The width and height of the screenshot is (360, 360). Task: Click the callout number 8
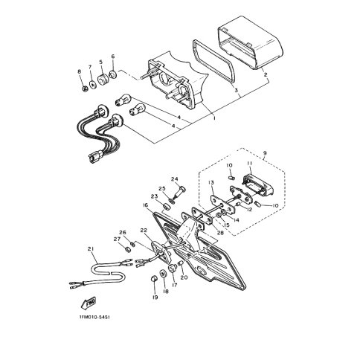click(x=80, y=71)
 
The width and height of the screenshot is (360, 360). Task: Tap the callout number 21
click(x=91, y=249)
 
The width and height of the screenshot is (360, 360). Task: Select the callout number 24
click(x=175, y=179)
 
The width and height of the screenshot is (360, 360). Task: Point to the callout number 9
click(x=265, y=153)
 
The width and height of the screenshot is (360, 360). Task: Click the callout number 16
click(x=145, y=205)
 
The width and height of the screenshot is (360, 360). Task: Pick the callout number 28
click(x=220, y=233)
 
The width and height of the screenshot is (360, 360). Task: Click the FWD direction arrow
click(x=89, y=303)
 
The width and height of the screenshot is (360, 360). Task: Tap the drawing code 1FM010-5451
click(x=94, y=318)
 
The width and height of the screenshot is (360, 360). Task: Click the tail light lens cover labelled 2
click(x=251, y=42)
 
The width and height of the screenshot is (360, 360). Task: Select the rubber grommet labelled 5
click(x=103, y=80)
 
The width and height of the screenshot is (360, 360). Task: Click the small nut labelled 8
click(x=85, y=89)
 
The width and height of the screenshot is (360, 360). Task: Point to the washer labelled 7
click(x=93, y=85)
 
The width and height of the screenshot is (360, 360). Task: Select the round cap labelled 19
click(x=154, y=279)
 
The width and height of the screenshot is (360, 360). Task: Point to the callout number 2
click(x=266, y=74)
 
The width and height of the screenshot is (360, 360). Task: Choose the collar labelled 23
click(x=167, y=207)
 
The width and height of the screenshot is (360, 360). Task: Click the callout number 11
click(x=250, y=163)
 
